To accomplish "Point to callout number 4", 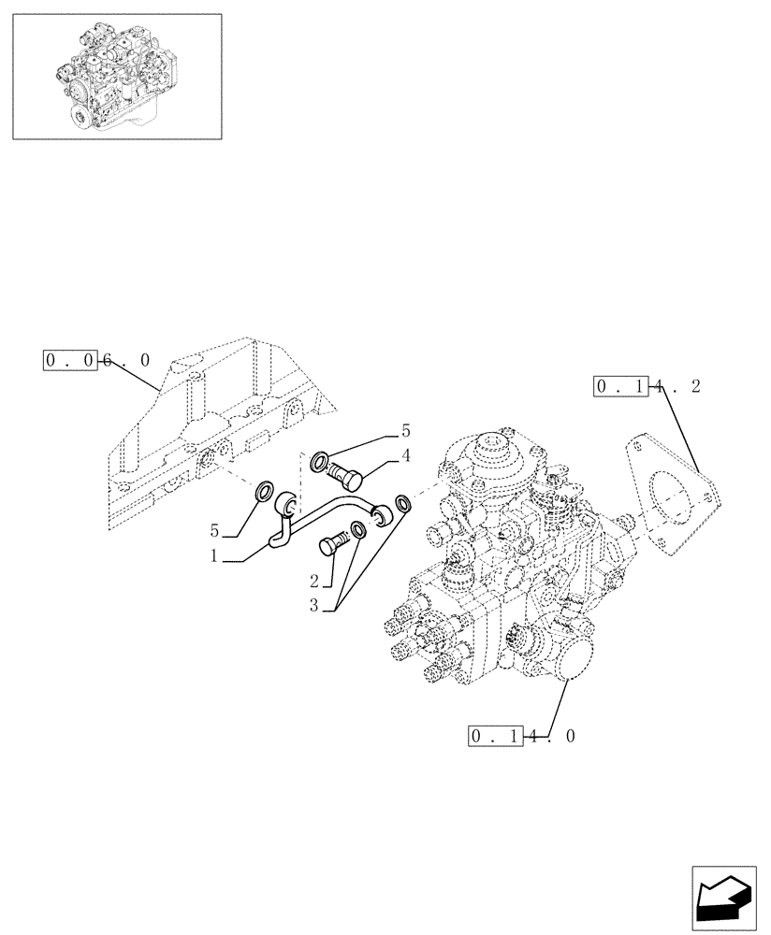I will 406,455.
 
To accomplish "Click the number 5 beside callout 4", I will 406,431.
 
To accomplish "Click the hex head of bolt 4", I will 352,482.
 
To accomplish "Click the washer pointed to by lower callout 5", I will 264,491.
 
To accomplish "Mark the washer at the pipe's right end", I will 403,505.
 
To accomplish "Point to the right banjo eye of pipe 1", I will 381,512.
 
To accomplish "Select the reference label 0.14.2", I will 647,386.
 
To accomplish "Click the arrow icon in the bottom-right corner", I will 726,899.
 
